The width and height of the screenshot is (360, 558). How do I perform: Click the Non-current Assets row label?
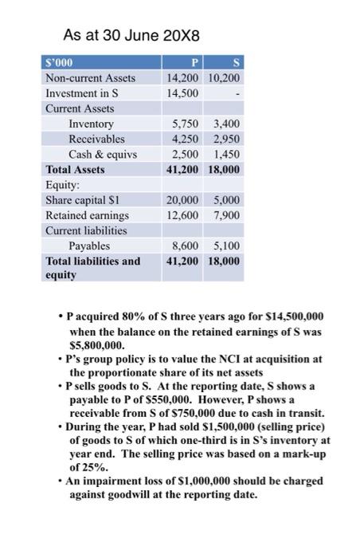pos(90,78)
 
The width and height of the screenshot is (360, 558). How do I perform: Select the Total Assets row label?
pos(75,169)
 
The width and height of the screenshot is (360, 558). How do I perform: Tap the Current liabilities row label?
pos(84,230)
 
